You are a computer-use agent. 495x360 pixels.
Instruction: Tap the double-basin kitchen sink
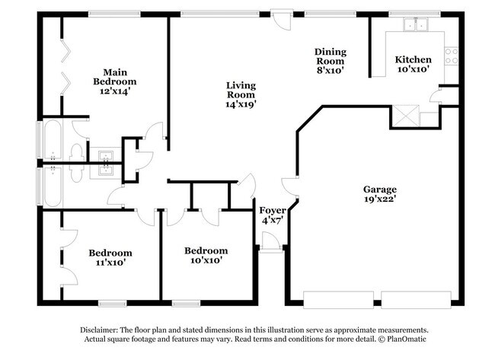tap(417, 24)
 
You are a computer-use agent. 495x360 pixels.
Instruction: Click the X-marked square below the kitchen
tap(404, 115)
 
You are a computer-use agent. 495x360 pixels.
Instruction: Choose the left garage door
tap(338, 298)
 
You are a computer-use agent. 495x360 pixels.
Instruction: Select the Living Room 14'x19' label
tap(240, 95)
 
